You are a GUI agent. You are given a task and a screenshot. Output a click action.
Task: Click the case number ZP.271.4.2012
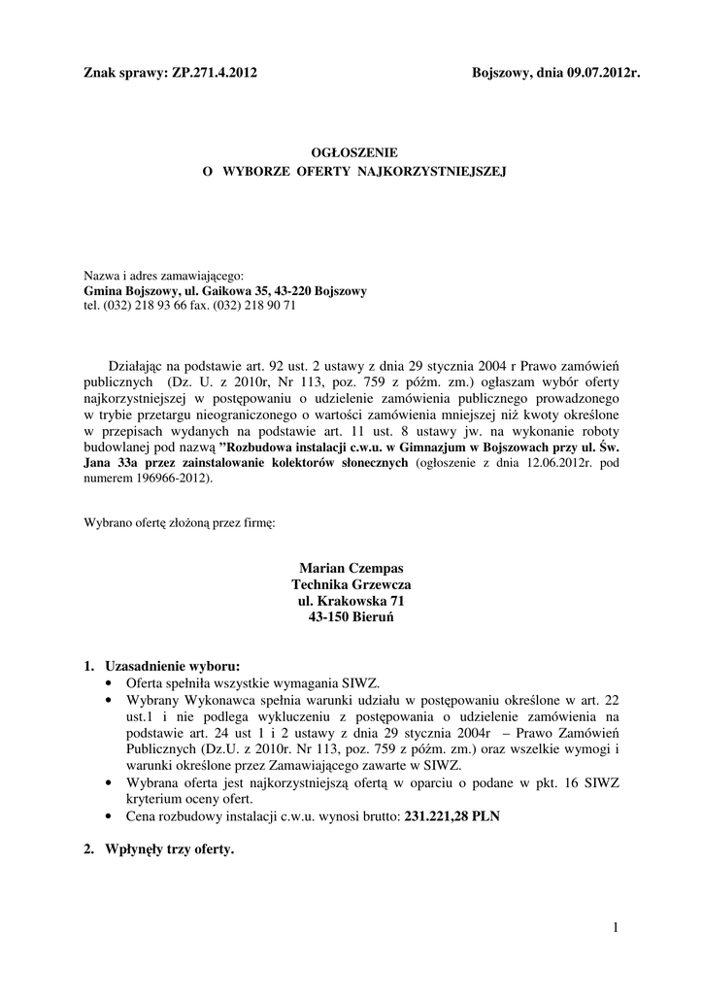coord(214,72)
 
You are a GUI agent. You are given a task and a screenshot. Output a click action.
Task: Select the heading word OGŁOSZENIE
coord(352,152)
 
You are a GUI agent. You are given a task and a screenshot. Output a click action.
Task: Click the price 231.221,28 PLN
coord(452,817)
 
